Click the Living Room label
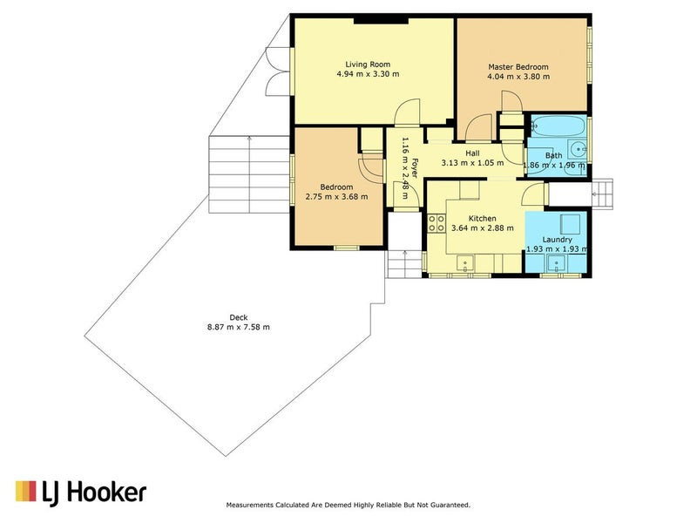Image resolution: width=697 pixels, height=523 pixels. pos(368,65)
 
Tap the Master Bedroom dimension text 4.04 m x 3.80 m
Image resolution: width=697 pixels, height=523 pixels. pos(518,77)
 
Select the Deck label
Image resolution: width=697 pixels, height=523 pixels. pos(238,317)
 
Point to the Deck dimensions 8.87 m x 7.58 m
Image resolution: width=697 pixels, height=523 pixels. pos(238,328)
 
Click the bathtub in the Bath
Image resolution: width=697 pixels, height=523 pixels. pos(558,126)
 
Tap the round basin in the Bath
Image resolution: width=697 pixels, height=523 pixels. pos(579,148)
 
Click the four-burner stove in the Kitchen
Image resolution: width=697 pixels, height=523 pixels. pos(436,223)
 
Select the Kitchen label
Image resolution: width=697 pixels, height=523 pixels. pos(483,219)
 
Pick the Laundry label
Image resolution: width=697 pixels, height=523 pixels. pos(557,240)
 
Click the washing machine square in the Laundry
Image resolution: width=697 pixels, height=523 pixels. pos(570,224)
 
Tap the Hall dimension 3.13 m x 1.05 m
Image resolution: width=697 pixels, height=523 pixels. pos(472,163)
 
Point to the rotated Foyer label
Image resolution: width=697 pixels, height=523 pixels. pos(415,167)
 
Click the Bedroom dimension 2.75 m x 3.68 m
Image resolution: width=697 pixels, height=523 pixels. pos(336,197)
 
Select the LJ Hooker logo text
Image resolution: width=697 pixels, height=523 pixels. pos(94,492)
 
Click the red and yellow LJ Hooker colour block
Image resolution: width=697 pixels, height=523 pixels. pos(26,491)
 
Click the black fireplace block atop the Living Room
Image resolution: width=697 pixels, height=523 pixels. pos(381,20)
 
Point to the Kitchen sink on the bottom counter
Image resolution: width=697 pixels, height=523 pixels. pos(465,263)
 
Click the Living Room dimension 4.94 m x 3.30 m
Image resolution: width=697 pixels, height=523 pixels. pos(368,74)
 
